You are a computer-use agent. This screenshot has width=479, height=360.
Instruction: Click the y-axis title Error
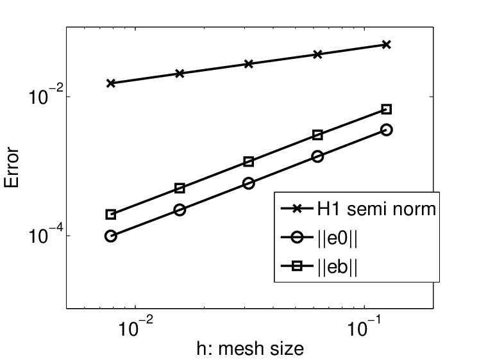[12, 167]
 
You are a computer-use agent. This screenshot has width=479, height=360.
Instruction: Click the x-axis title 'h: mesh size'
[250, 348]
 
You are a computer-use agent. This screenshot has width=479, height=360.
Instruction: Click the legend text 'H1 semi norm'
[376, 209]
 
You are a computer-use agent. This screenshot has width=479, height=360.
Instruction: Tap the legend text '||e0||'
[337, 238]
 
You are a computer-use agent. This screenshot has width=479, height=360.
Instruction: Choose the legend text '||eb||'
[337, 266]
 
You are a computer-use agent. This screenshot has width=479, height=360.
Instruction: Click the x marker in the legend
[297, 209]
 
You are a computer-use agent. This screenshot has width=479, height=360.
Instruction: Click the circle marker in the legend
[297, 238]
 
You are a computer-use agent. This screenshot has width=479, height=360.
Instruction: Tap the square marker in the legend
[297, 266]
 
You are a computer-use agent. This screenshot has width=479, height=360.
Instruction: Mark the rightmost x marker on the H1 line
[387, 45]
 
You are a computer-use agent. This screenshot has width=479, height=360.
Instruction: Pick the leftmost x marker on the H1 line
[111, 83]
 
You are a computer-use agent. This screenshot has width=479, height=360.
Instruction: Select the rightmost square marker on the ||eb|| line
[387, 110]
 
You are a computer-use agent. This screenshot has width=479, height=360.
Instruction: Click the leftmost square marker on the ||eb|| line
[111, 215]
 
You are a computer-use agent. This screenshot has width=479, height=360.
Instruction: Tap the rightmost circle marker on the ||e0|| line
[387, 130]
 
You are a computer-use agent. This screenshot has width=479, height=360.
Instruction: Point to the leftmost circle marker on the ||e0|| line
[111, 236]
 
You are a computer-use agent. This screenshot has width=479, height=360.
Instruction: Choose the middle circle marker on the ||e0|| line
[249, 183]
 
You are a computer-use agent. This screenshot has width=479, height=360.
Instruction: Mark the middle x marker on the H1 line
[249, 64]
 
